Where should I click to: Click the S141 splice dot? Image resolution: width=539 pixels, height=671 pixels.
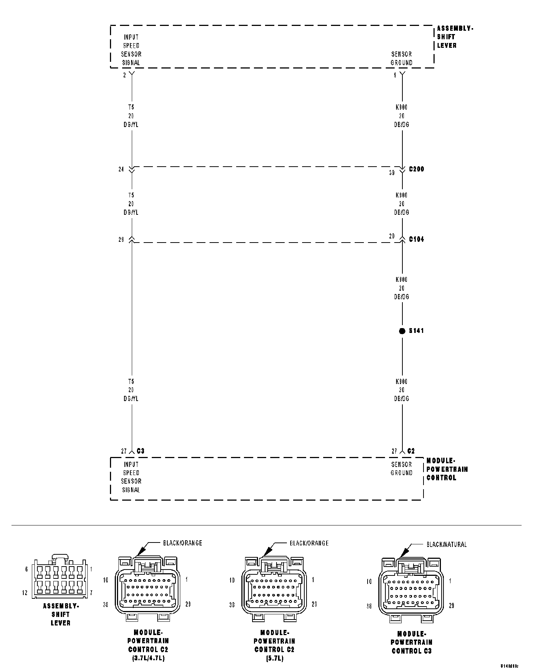point(402,331)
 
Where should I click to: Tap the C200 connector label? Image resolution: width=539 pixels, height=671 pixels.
point(416,169)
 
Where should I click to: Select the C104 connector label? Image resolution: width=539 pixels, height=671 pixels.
point(416,239)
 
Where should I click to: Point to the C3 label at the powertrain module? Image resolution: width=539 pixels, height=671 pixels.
point(140,451)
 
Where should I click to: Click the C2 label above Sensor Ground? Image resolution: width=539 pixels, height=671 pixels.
point(411,451)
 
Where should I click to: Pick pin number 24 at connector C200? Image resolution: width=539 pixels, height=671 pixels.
point(121,170)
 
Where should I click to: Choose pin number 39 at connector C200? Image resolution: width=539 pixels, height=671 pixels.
point(392,173)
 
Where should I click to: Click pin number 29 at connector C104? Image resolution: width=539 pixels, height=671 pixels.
point(121,240)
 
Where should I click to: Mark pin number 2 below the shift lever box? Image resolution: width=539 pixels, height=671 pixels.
point(124,75)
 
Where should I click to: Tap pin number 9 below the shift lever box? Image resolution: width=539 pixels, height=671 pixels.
point(395,75)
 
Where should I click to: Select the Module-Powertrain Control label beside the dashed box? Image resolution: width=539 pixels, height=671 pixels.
point(447,469)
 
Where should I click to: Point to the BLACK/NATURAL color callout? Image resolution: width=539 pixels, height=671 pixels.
point(446,544)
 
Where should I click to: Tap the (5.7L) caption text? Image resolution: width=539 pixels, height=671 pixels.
point(274,659)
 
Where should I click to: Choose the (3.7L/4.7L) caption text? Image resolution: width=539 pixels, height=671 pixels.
point(148,659)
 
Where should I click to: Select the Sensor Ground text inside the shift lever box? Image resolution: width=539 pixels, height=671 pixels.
point(402,59)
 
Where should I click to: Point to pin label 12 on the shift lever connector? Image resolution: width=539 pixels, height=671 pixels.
point(25,593)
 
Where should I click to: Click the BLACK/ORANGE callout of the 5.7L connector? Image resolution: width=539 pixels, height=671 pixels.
point(309,543)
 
